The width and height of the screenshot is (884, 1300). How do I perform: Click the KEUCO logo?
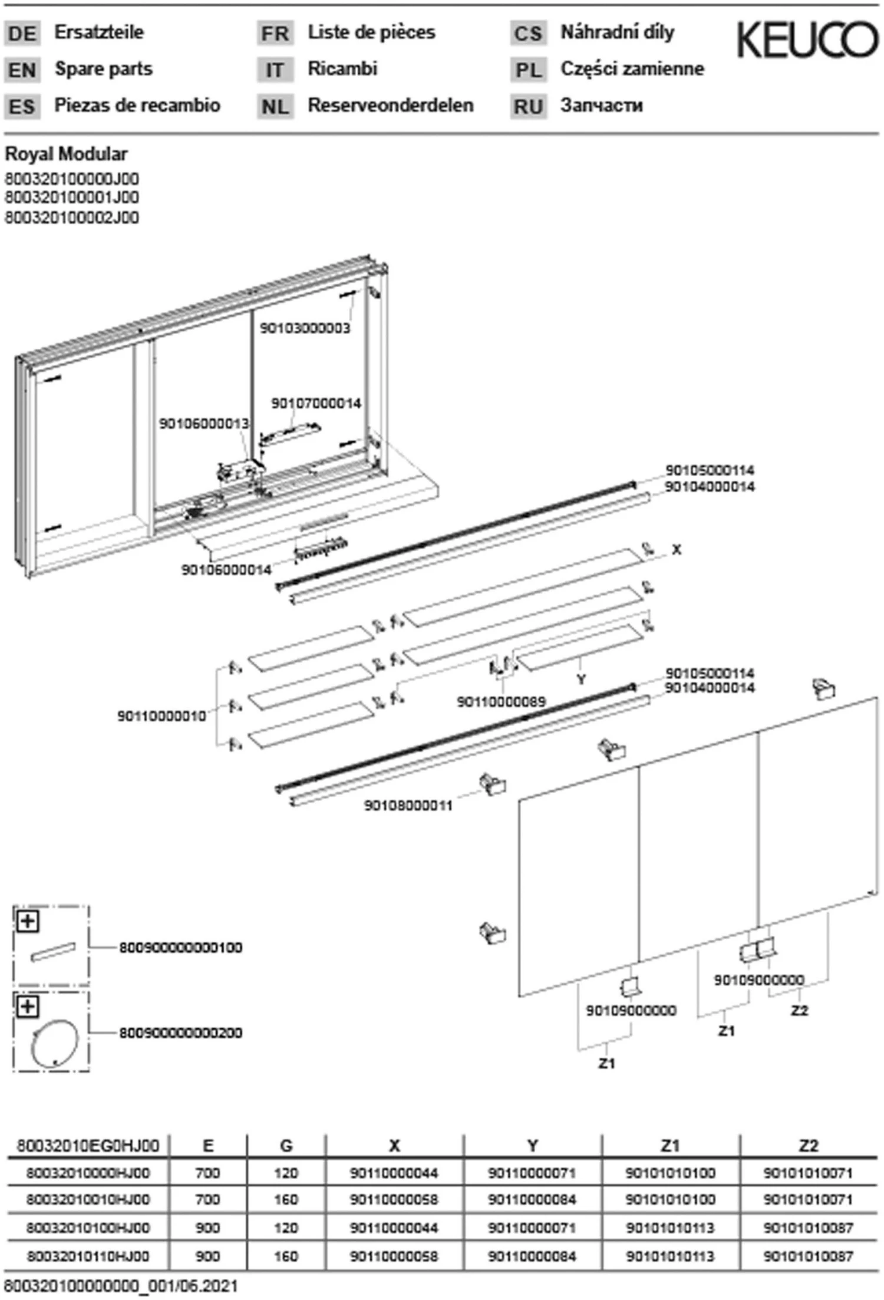point(807,40)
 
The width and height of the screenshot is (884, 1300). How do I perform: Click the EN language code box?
point(22,70)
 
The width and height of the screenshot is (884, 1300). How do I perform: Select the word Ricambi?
point(342,69)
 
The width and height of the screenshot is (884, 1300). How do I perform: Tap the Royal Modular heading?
point(66,154)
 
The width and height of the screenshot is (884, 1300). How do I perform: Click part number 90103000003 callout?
point(305,328)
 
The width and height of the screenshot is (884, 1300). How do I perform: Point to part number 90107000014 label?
point(316,404)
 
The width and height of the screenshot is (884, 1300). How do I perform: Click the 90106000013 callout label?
point(204,424)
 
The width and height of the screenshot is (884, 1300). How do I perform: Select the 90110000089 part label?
point(501,702)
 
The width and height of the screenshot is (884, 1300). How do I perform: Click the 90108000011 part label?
point(408,806)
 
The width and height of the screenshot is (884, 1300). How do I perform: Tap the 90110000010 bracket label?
point(161,717)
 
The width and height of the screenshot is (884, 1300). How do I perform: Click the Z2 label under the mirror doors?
point(799,1011)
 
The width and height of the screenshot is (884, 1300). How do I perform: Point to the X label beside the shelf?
point(677,550)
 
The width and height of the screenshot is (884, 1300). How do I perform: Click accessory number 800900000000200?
point(181,1033)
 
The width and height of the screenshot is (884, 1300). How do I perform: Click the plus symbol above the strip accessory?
point(28,921)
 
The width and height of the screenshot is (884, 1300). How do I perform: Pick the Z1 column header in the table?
point(670,1146)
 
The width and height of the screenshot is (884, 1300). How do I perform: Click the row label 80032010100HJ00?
point(88,1228)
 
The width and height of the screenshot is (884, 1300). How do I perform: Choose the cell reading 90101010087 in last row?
point(808,1256)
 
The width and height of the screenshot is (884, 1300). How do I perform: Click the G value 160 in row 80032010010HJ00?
point(286,1200)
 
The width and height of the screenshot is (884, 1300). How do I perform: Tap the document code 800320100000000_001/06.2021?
point(121,1286)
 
